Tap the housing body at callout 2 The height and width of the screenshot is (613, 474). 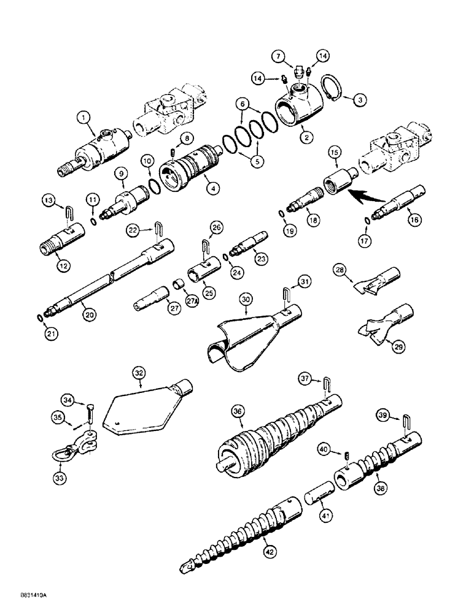click(301, 110)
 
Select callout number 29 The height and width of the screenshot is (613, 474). click(398, 347)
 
